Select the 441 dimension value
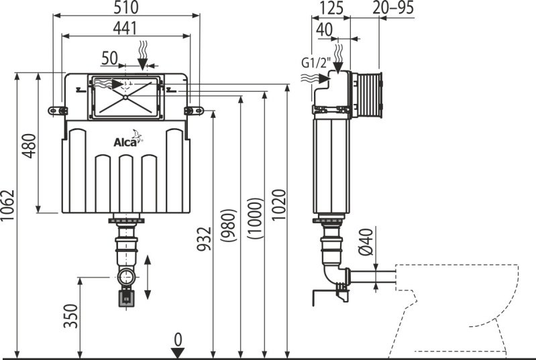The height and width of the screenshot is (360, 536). (x=125, y=28)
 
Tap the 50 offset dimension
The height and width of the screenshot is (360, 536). (x=109, y=58)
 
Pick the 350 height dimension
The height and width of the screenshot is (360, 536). (x=71, y=315)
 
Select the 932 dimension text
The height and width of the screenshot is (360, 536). (x=205, y=237)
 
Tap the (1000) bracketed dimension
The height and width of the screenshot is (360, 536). (x=255, y=219)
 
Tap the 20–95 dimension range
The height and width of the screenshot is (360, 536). (x=392, y=8)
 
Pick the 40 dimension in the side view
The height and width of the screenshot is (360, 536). (x=324, y=29)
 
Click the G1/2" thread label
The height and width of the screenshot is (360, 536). (x=315, y=64)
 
